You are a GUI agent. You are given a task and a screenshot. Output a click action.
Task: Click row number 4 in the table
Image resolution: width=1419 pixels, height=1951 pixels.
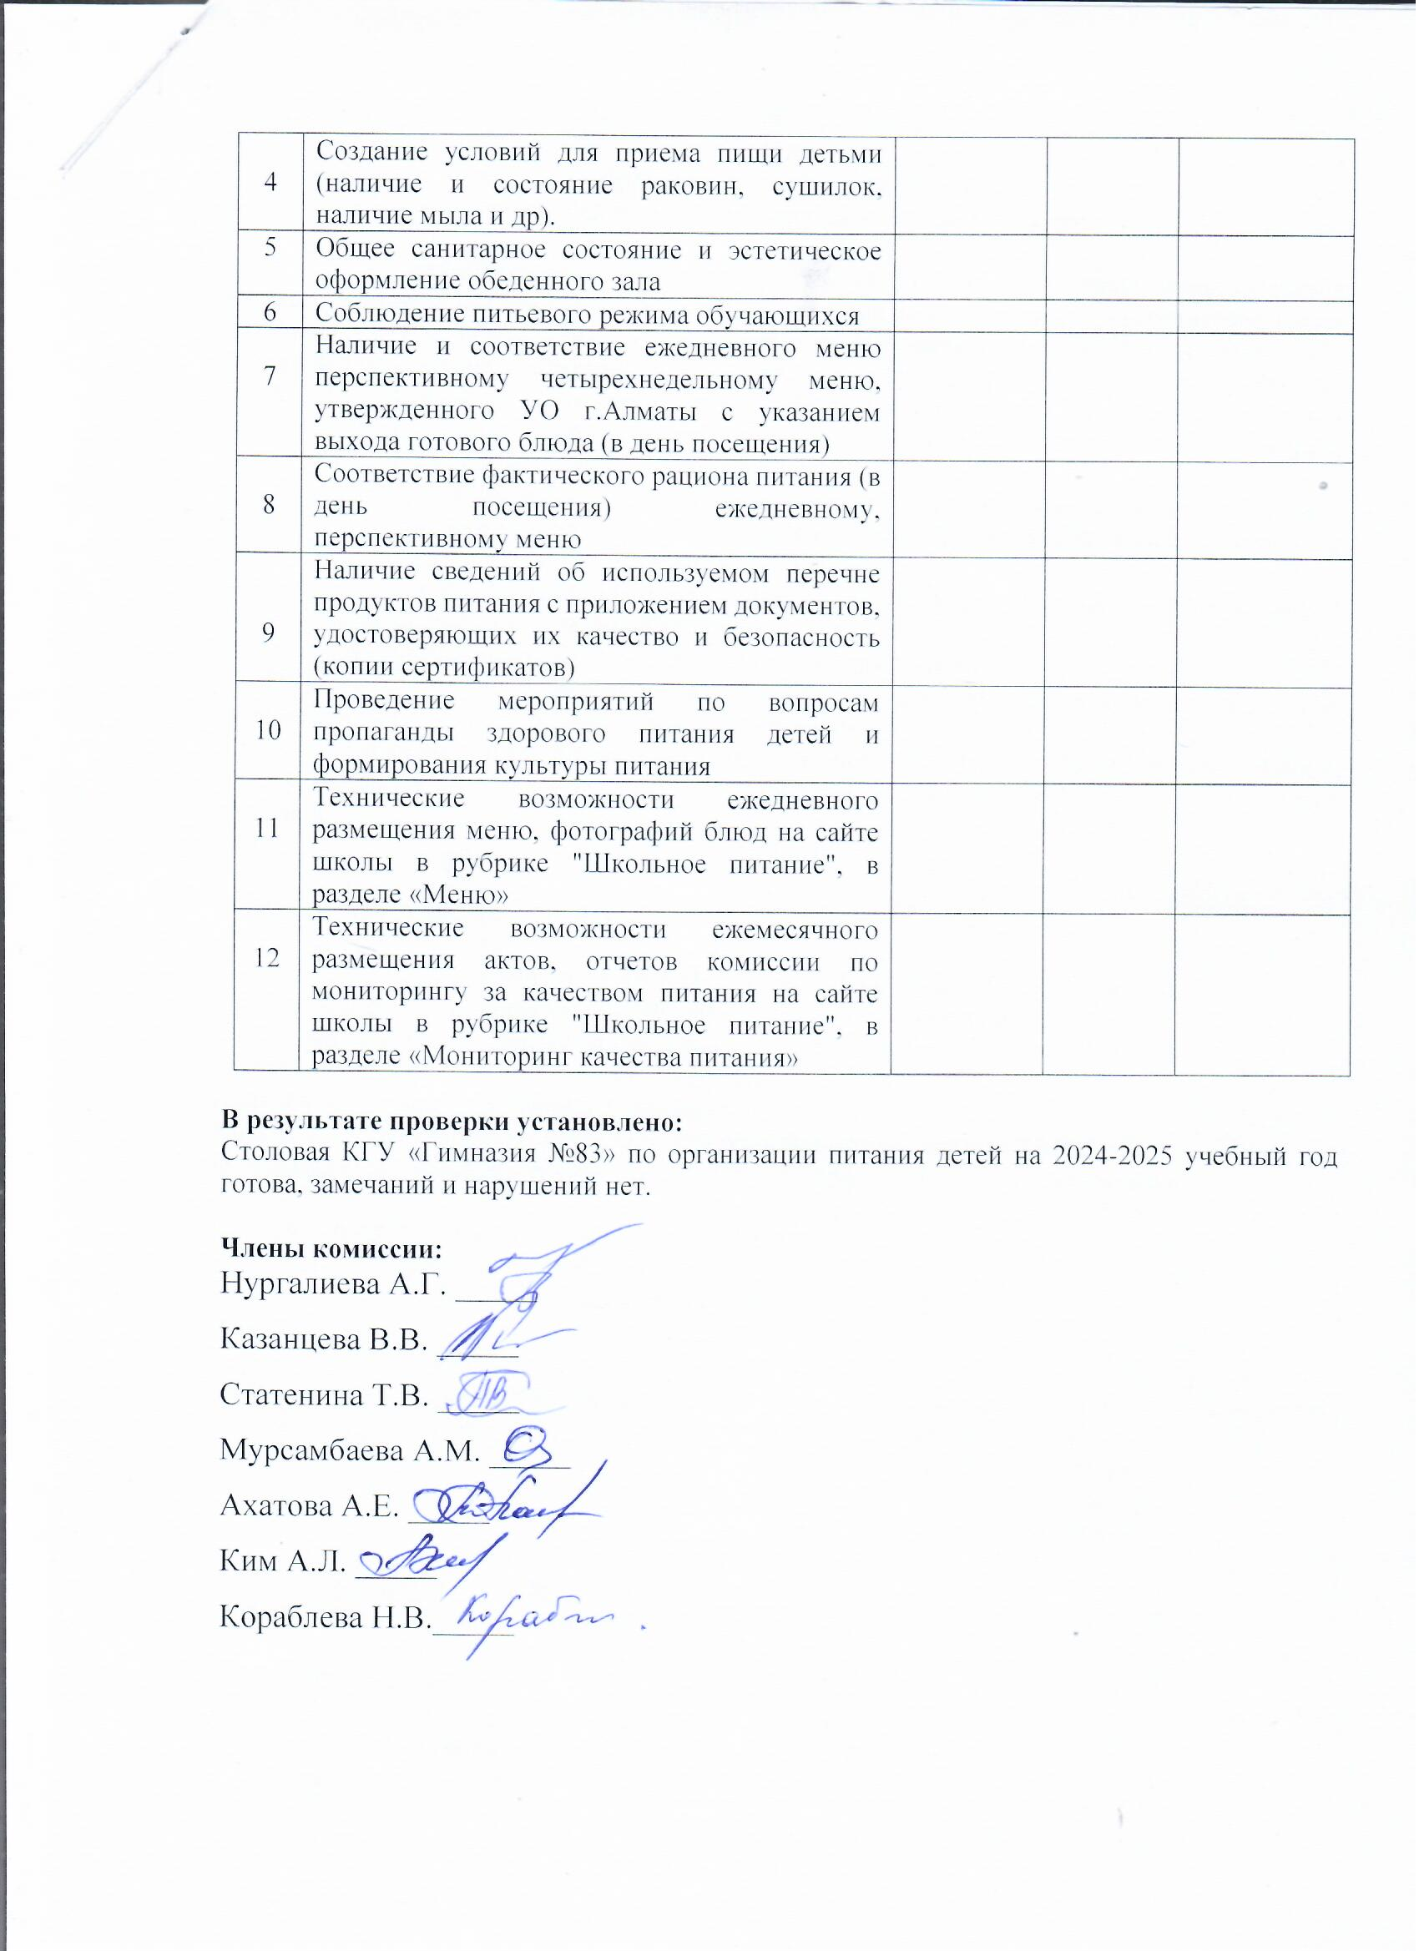(271, 183)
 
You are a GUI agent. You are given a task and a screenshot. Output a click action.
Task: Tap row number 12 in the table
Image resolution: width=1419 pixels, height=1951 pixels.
(268, 957)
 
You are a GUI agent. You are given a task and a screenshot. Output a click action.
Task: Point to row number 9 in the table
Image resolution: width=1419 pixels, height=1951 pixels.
(270, 633)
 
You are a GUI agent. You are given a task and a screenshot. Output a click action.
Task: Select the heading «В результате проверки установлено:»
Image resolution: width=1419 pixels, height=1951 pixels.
(452, 1122)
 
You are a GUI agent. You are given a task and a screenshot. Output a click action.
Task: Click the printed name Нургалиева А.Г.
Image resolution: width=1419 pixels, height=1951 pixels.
(333, 1285)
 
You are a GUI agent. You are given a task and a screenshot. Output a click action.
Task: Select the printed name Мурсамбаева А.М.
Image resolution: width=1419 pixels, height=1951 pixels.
(350, 1450)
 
